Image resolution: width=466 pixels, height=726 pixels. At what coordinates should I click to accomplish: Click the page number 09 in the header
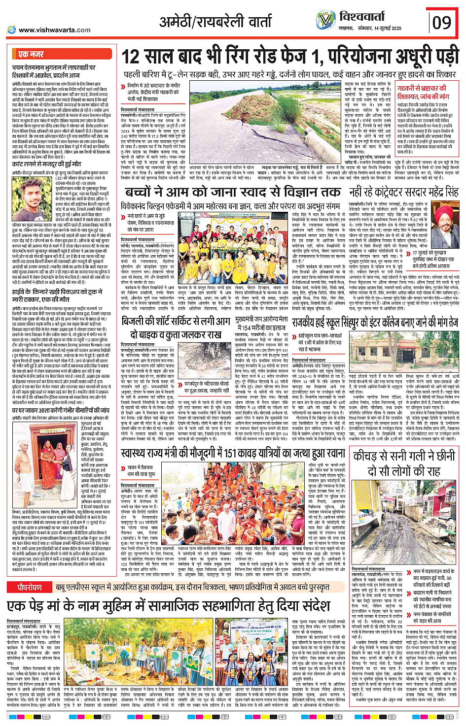pyautogui.click(x=441, y=22)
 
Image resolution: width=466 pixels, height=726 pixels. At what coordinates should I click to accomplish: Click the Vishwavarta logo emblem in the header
pyautogui.click(x=326, y=20)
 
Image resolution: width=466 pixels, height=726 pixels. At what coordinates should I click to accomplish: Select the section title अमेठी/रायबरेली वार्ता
pyautogui.click(x=215, y=22)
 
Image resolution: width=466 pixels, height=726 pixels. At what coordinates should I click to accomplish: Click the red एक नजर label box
pyautogui.click(x=31, y=54)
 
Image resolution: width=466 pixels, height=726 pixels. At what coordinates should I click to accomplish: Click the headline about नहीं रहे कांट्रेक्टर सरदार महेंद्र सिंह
pyautogui.click(x=403, y=192)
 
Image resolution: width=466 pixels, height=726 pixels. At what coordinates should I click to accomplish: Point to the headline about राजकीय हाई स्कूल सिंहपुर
pyautogui.click(x=375, y=323)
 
